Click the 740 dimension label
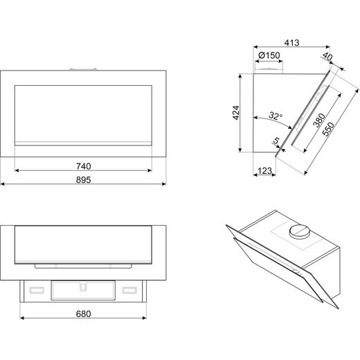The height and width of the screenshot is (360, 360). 84,166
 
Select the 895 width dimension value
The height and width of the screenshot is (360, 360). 84,180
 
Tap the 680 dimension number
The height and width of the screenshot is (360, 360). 84,314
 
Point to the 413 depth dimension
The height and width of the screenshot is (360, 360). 291,43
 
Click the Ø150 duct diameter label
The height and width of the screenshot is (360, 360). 269,55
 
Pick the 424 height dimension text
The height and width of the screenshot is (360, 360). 236,113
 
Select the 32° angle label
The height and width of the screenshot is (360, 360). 276,116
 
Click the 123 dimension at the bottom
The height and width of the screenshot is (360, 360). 264,171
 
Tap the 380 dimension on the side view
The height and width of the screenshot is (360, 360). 319,120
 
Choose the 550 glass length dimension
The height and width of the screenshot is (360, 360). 328,129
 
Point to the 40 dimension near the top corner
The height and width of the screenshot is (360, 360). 327,56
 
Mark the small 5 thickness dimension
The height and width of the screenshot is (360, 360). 276,141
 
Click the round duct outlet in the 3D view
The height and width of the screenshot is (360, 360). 299,231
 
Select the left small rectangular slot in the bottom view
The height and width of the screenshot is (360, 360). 37,290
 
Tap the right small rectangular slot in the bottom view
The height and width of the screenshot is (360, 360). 129,290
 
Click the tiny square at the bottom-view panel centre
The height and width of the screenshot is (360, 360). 83,287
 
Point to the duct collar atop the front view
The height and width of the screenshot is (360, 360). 83,69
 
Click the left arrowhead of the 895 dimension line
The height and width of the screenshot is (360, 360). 2,184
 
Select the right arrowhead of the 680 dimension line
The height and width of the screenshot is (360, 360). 145,318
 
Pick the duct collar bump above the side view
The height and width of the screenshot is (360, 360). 269,71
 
